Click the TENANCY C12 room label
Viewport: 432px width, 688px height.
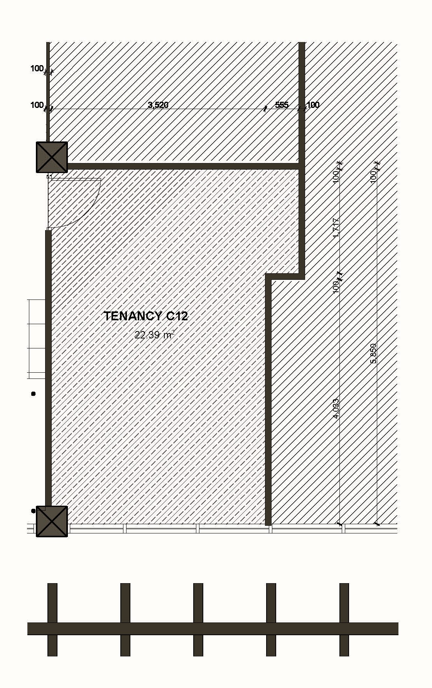point(146,316)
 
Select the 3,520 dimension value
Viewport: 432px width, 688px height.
point(158,105)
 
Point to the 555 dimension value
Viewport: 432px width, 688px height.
point(282,105)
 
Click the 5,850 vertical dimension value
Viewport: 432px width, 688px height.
point(373,353)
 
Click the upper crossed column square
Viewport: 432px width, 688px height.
point(52,157)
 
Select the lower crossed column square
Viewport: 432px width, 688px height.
point(52,521)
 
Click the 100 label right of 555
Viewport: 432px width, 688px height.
point(313,105)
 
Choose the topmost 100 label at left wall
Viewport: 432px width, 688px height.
point(37,69)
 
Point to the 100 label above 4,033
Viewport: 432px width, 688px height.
point(336,286)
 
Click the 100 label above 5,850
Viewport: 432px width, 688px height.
point(373,177)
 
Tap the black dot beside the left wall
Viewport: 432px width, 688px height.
point(33,394)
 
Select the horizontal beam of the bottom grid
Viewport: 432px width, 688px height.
point(213,628)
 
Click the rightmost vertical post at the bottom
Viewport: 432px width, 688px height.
point(344,601)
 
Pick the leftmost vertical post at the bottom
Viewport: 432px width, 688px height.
point(52,601)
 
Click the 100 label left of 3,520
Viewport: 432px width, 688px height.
point(37,105)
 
